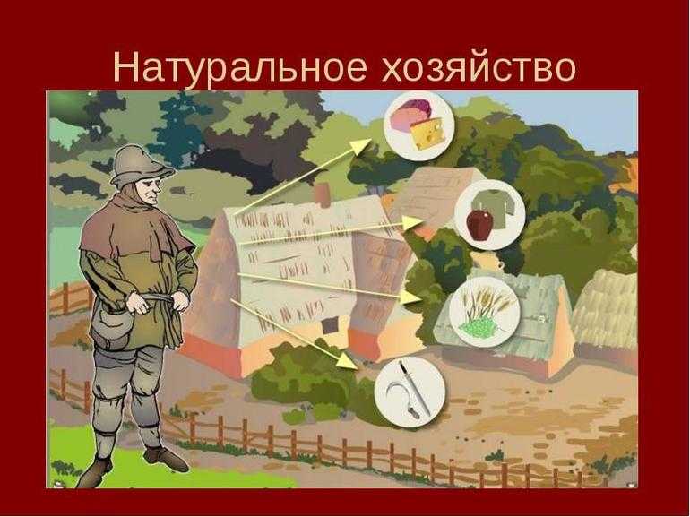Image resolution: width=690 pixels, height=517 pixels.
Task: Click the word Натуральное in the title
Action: click(x=240, y=67)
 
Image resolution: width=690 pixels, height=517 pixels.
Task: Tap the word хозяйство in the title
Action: click(x=479, y=68)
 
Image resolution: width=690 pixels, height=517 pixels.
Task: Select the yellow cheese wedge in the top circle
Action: click(x=427, y=133)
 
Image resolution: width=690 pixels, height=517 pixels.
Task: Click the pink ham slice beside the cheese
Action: click(x=408, y=114)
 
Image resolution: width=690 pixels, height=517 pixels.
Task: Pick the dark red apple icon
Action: click(x=479, y=224)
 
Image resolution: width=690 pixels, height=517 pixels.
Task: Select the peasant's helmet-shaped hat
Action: click(x=139, y=165)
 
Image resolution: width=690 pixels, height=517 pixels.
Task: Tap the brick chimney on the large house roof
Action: click(x=322, y=195)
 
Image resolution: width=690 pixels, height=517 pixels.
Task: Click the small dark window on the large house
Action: click(x=329, y=326)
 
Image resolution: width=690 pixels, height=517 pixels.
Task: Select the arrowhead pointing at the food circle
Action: click(x=364, y=146)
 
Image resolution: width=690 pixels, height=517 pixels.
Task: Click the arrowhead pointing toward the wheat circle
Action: click(x=410, y=297)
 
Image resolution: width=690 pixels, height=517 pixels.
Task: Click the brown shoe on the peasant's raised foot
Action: click(x=167, y=459)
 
